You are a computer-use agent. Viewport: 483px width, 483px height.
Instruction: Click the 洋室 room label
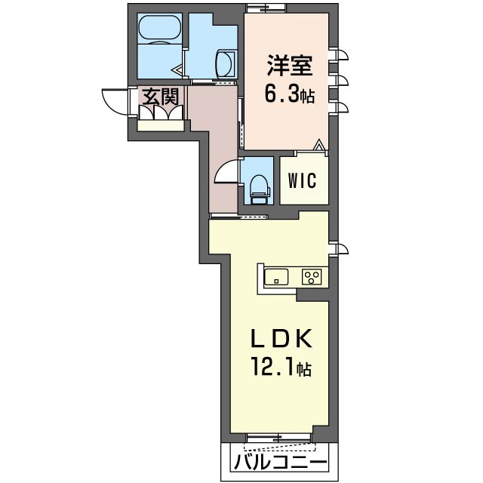[x=290, y=66]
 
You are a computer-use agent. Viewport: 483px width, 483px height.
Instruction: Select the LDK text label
[x=281, y=339]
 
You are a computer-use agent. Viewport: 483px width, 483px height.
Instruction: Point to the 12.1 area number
[x=272, y=366]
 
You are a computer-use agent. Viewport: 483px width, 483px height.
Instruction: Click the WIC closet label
[x=302, y=180]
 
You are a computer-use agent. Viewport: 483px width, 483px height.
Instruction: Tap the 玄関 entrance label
[x=161, y=97]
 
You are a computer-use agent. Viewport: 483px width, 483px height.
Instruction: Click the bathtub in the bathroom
[x=159, y=28]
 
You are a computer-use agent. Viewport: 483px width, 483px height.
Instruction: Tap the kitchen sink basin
[x=276, y=277]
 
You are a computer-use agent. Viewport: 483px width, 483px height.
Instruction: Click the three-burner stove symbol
[x=312, y=277]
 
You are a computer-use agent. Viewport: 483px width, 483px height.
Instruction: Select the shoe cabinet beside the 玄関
[x=160, y=126]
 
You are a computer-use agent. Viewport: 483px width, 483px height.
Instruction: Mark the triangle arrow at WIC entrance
[x=319, y=145]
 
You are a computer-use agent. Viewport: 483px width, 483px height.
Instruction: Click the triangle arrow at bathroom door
[x=177, y=70]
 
